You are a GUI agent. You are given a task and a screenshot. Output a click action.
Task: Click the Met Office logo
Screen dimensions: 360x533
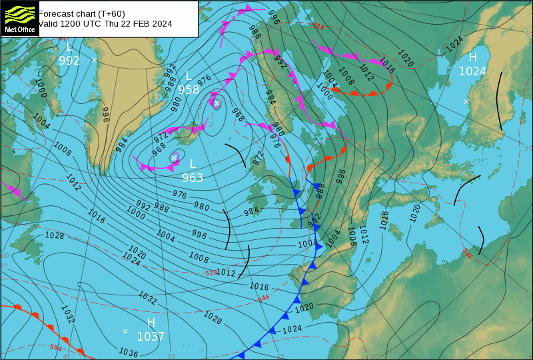click(x=19, y=19)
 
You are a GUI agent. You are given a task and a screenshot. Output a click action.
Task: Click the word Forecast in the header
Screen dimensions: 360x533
click(x=55, y=13)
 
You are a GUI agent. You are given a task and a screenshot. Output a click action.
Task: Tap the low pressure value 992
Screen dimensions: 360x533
click(x=69, y=61)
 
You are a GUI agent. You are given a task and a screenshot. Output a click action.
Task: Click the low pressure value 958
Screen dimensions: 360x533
click(x=188, y=90)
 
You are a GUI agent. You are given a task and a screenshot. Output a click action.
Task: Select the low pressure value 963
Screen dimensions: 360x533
click(x=193, y=178)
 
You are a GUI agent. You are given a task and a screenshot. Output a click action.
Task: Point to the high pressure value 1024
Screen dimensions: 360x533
click(x=472, y=71)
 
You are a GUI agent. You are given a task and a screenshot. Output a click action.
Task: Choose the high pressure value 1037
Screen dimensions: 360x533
click(x=151, y=337)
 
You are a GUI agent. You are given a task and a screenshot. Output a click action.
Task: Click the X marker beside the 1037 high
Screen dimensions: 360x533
click(x=125, y=331)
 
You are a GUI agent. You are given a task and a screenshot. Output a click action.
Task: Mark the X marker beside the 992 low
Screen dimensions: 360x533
click(x=94, y=60)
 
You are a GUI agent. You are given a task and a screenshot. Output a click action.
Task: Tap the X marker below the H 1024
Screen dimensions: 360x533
click(x=466, y=101)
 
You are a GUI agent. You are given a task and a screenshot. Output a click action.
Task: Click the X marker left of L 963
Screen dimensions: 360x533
click(x=174, y=158)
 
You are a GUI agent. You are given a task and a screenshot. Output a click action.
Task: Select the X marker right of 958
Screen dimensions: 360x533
click(x=217, y=103)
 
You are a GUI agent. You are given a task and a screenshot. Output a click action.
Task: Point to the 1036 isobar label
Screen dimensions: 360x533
click(x=128, y=353)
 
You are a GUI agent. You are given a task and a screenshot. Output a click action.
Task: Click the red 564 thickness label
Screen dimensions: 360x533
click(x=57, y=347)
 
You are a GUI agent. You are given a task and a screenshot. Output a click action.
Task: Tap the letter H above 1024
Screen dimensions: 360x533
click(x=473, y=57)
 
